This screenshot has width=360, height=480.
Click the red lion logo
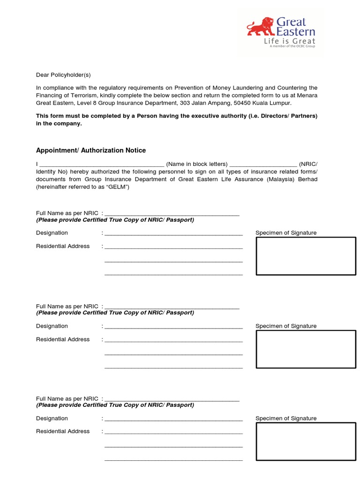(261, 27)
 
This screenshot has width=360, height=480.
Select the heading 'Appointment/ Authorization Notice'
(91, 150)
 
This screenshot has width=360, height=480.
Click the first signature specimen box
(306, 256)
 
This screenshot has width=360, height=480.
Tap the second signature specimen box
(306, 349)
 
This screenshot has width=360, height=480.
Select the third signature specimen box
(306, 442)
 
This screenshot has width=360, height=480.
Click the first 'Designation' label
(52, 233)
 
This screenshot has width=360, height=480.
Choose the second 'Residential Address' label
(63, 339)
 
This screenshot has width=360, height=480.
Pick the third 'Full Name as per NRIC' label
(67, 398)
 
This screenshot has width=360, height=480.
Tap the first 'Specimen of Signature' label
(286, 233)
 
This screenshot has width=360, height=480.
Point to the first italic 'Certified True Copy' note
(115, 220)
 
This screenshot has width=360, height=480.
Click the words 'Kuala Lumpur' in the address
(274, 103)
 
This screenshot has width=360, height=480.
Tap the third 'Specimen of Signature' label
(286, 419)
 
